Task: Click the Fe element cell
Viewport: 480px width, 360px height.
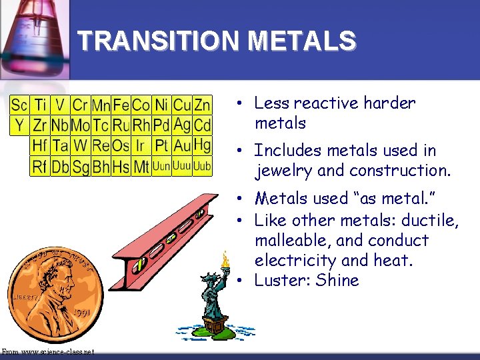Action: pos(121,105)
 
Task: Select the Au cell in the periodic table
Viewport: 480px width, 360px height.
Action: pos(181,145)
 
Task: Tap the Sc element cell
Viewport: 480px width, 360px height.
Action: pos(19,105)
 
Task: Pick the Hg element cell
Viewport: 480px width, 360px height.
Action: pos(202,145)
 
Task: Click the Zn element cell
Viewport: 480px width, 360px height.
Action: pos(202,105)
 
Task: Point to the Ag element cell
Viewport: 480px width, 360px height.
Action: pos(181,125)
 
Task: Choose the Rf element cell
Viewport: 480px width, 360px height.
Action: pos(39,166)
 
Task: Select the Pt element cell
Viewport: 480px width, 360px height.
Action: pos(161,145)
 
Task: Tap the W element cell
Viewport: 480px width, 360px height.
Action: pos(80,145)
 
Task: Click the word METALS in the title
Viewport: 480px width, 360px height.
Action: pos(301,42)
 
